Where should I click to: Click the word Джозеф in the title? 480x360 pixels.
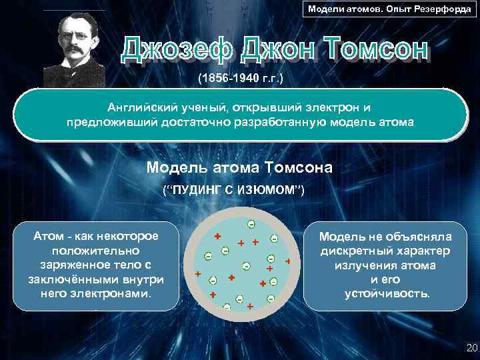pos(178,51)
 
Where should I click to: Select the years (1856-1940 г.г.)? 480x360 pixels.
pos(241,79)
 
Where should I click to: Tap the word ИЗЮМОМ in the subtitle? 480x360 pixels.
pos(271,191)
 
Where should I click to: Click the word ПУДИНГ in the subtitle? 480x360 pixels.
pos(199,191)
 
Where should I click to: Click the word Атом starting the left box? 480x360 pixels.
pos(47,236)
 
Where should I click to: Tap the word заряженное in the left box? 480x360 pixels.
pos(61,265)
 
